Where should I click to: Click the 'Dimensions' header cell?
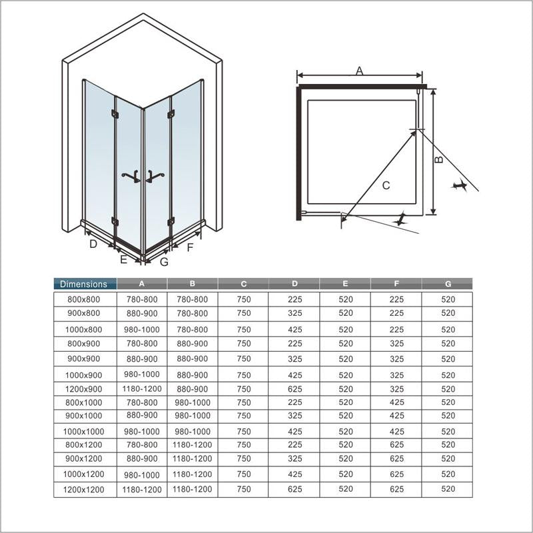tap(84, 284)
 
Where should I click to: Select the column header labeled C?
tap(244, 284)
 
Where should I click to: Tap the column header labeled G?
tap(448, 284)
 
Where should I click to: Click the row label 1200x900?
tap(85, 388)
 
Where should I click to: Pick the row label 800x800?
tap(85, 300)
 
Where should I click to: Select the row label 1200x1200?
tap(85, 489)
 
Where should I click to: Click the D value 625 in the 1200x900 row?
tap(295, 388)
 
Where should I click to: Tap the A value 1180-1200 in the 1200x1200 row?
tap(142, 489)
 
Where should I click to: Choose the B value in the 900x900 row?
tap(192, 358)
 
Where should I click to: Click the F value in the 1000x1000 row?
tap(397, 432)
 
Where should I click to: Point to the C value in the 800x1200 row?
tap(244, 444)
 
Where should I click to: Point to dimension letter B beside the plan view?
tap(438, 159)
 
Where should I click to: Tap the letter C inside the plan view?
tap(386, 186)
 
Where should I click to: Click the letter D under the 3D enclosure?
tap(94, 244)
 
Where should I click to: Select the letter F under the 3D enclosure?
tap(190, 249)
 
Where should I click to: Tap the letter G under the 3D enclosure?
tap(164, 262)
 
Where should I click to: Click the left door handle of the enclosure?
tap(131, 176)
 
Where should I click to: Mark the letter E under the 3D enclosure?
tap(123, 260)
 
